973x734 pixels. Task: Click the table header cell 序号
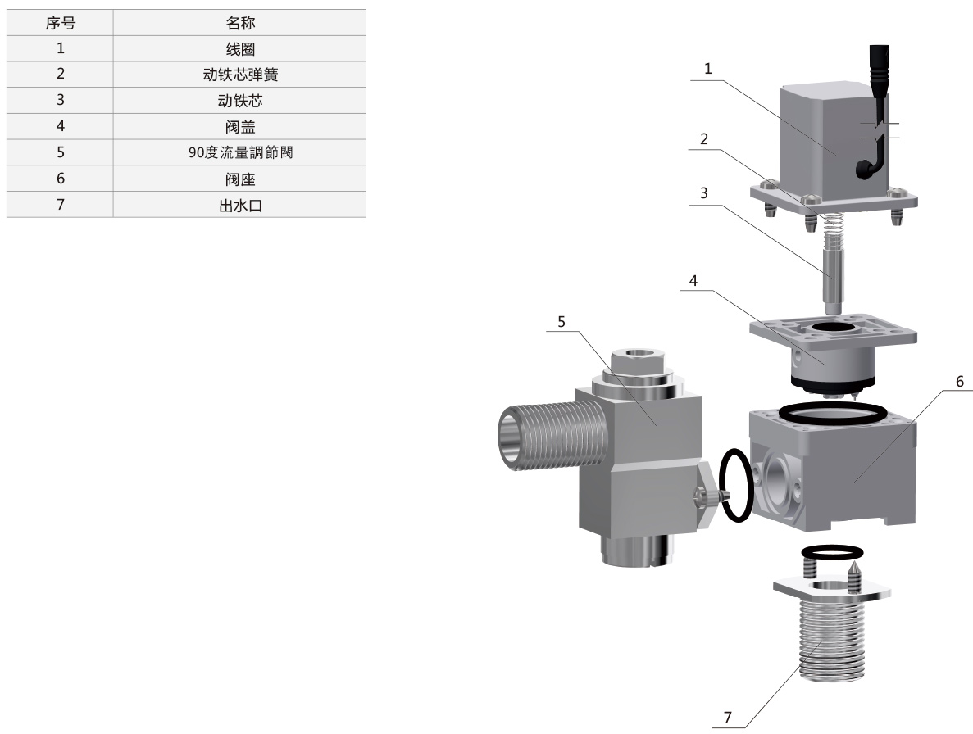coord(60,23)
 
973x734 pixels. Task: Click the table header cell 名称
coord(240,23)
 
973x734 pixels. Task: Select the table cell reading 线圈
coord(240,49)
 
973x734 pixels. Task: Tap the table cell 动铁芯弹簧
coord(240,75)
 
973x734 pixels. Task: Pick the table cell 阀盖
coord(240,126)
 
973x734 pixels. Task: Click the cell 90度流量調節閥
coord(240,152)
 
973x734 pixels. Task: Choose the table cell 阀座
coord(240,179)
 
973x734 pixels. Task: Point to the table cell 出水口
coord(240,205)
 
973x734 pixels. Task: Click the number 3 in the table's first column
coord(60,101)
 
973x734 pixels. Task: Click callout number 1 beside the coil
coord(708,69)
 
